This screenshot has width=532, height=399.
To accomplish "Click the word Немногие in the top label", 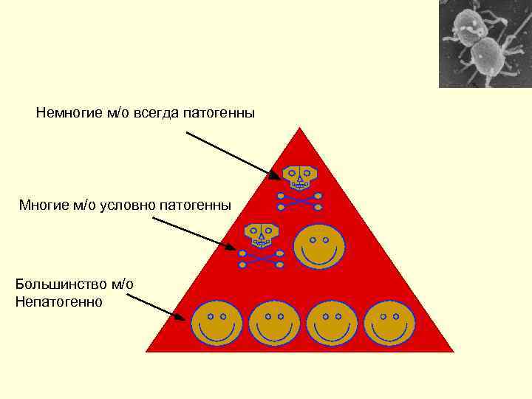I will (64, 113).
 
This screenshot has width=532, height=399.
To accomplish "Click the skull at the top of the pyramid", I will (300, 178).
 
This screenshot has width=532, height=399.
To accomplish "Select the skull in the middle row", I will (261, 234).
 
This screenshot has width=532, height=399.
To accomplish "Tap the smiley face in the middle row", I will (319, 246).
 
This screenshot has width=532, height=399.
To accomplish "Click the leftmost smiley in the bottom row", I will (216, 324).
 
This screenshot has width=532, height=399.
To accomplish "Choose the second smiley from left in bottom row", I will (274, 324).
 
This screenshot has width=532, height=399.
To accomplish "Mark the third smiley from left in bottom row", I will (332, 324).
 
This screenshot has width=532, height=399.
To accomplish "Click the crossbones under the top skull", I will (300, 201).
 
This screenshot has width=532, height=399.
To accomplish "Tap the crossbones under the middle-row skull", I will (261, 258).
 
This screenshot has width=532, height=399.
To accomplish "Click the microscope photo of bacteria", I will (485, 44).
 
